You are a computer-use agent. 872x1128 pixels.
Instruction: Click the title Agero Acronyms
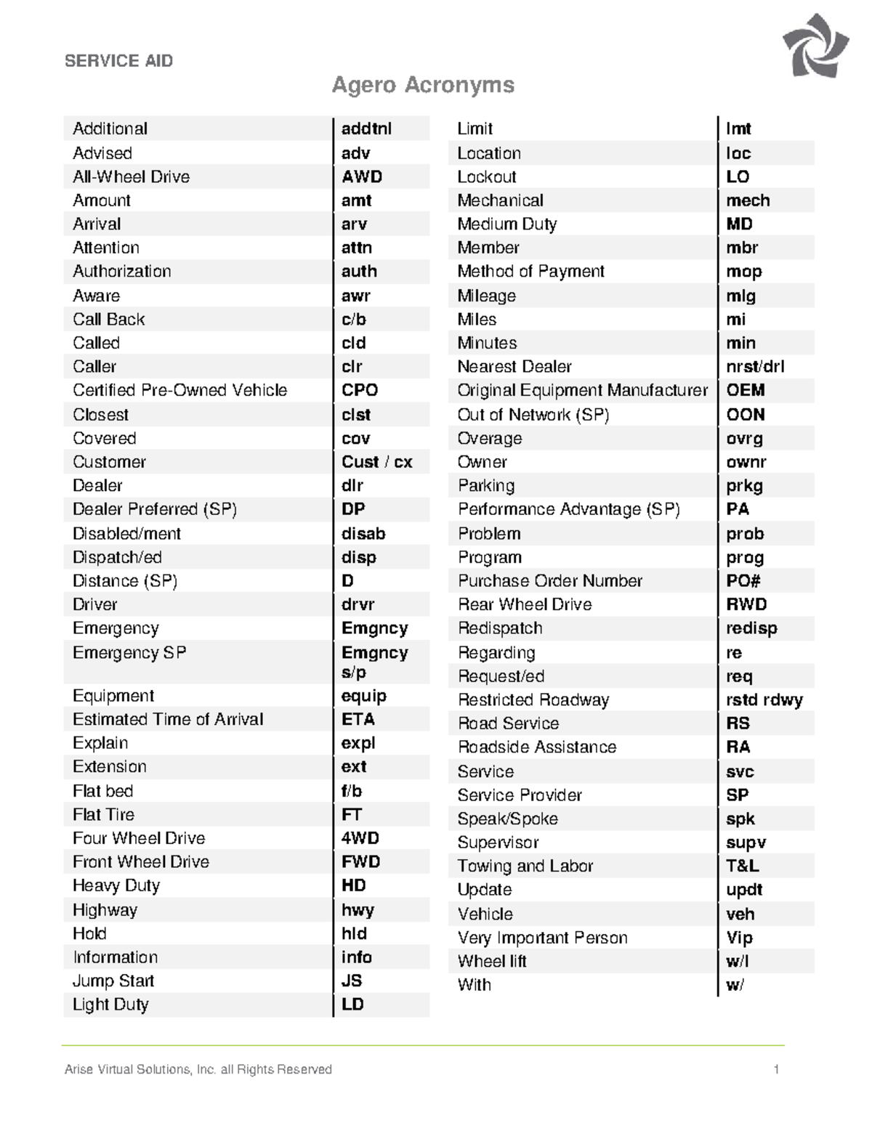tap(423, 85)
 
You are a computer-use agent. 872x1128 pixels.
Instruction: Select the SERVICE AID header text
tap(118, 61)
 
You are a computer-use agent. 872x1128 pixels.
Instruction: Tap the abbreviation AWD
tap(362, 176)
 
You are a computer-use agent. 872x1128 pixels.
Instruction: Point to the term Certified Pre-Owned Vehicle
tap(179, 390)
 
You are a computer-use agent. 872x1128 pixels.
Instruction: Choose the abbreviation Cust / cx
tap(376, 462)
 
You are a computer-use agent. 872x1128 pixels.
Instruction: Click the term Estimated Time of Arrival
tap(168, 719)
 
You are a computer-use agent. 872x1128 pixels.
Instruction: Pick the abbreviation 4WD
tap(360, 838)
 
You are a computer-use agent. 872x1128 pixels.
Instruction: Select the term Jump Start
tap(113, 981)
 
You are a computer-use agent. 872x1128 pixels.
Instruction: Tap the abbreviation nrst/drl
tap(755, 367)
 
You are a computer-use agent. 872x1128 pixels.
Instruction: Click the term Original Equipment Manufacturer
tap(582, 390)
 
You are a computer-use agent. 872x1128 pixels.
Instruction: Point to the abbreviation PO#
tap(743, 581)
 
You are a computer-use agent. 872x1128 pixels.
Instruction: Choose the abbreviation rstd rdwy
tap(764, 700)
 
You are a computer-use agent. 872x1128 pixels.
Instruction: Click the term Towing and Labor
tap(525, 866)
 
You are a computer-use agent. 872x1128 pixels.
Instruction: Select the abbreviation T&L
tap(743, 866)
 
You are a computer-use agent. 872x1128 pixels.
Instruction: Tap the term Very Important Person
tap(542, 938)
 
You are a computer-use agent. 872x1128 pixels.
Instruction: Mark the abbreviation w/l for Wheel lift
tap(737, 962)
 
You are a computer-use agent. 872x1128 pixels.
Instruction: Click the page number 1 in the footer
tap(777, 1069)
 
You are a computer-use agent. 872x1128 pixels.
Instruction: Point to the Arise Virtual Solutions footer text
tap(198, 1069)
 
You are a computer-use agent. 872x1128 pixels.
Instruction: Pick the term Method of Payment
tap(530, 271)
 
